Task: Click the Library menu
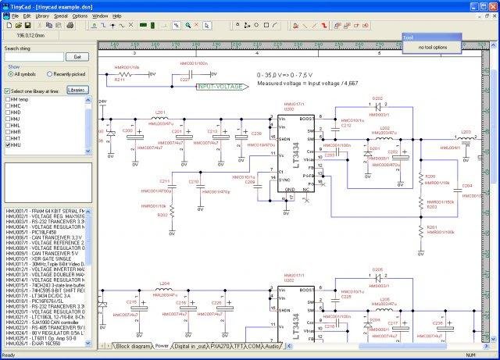click(x=42, y=16)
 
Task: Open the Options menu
click(x=80, y=16)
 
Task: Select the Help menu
click(x=117, y=16)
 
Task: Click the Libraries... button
click(x=77, y=91)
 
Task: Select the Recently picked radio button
click(x=50, y=74)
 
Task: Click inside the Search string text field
click(x=34, y=57)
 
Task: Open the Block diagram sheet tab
click(x=134, y=345)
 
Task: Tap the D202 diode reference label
click(x=377, y=98)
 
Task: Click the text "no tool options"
click(x=432, y=48)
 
